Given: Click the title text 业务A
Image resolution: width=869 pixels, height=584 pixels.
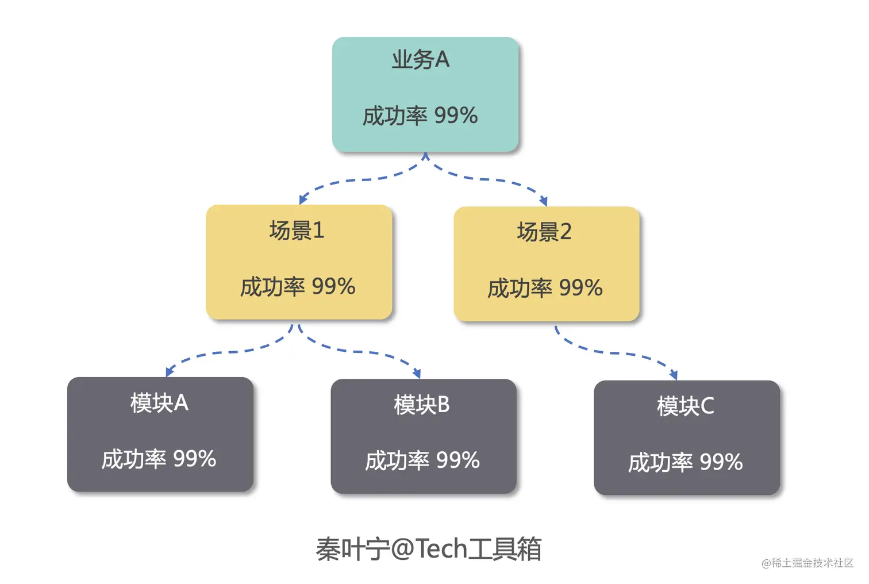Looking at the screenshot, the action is tap(420, 60).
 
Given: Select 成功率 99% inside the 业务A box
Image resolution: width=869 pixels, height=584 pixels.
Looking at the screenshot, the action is tap(420, 116).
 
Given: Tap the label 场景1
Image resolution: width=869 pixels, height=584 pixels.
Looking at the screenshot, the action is tap(297, 230).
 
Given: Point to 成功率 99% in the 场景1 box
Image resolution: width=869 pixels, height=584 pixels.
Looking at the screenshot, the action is tap(298, 286).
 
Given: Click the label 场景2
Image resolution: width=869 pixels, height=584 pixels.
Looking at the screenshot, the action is tap(544, 232).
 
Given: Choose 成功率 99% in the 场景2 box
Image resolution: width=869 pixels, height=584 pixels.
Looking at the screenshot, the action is tap(545, 288).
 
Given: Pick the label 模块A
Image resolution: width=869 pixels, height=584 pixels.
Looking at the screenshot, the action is tap(159, 403).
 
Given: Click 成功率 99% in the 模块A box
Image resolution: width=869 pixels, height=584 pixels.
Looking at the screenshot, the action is tap(159, 459).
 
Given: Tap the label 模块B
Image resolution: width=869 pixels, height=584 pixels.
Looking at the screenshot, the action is tap(422, 405).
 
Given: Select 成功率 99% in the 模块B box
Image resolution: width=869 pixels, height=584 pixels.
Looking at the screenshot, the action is tap(422, 460).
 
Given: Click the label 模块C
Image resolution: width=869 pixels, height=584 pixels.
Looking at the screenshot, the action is tap(685, 406).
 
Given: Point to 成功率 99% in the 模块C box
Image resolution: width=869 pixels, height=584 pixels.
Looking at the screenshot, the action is tap(685, 462).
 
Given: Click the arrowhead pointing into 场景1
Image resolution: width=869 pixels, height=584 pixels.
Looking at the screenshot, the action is tap(302, 199).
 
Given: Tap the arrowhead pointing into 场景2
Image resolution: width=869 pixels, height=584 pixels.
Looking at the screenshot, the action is tap(543, 201).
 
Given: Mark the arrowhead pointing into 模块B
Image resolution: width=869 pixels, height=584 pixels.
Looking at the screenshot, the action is tap(417, 373).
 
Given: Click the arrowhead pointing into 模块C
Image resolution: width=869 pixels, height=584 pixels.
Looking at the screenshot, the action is tap(673, 375).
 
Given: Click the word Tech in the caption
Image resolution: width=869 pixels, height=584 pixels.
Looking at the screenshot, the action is tap(441, 548).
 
